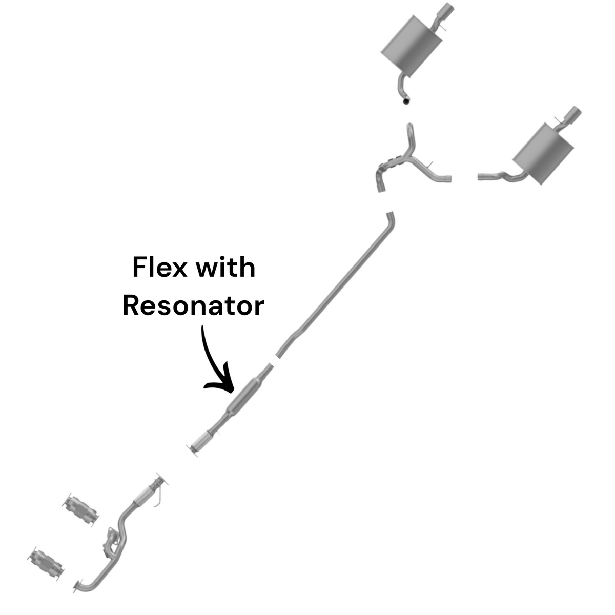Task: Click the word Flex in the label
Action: click(x=159, y=268)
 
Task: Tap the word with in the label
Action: click(x=225, y=267)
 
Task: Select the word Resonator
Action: click(x=193, y=306)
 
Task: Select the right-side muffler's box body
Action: click(x=543, y=154)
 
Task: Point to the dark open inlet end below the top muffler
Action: click(x=406, y=101)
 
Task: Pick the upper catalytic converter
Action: click(x=80, y=509)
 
